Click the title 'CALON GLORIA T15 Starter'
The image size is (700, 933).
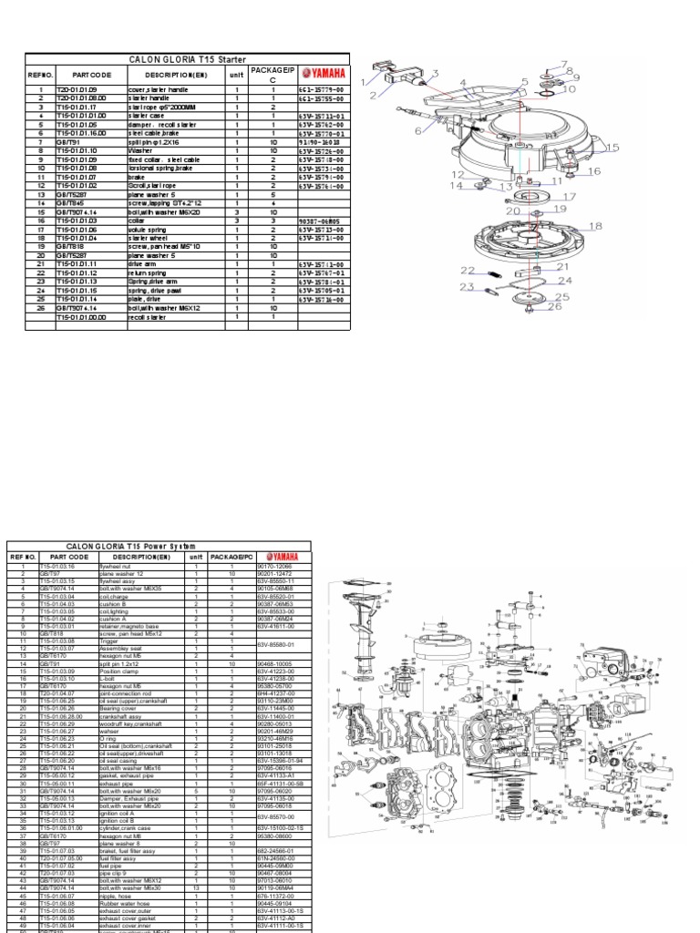point(188,58)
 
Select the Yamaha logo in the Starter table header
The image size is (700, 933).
point(324,74)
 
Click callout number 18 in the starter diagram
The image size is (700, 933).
point(595,226)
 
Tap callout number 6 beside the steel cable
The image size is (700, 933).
point(420,130)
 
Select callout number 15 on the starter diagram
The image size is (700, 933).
point(612,148)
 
